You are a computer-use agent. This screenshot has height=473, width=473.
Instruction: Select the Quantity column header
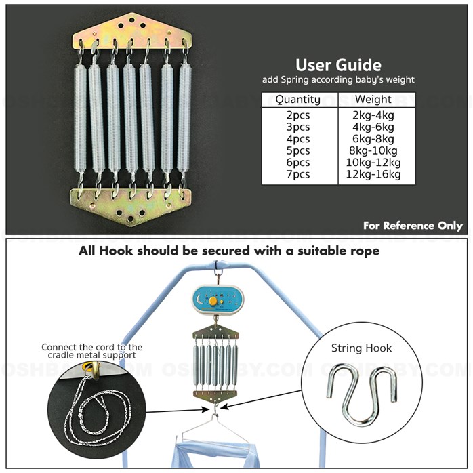tap(298, 100)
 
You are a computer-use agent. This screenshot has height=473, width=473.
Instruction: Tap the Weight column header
tap(373, 100)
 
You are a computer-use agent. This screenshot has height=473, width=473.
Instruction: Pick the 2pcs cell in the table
tap(298, 115)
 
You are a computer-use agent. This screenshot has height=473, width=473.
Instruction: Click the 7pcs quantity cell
tap(298, 174)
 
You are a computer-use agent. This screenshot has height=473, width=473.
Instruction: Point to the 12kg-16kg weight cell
tap(373, 174)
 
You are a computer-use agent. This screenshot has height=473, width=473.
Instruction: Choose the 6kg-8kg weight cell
tap(373, 138)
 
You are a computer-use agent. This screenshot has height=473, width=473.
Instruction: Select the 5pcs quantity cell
tap(298, 150)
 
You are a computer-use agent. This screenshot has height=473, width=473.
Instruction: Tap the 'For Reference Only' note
tap(413, 226)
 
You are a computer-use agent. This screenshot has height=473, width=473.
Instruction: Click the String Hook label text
tap(361, 348)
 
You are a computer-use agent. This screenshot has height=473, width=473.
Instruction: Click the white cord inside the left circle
tap(88, 407)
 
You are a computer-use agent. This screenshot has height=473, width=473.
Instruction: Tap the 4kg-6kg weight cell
tap(373, 127)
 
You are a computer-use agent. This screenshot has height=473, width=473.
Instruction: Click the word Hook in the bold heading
tap(120, 250)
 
